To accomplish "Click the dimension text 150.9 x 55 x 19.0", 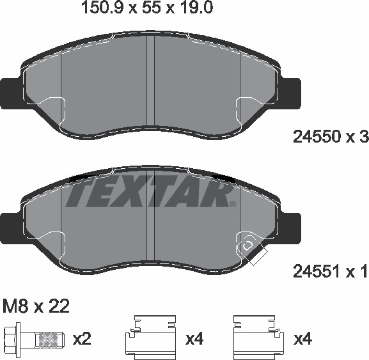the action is coord(147,8).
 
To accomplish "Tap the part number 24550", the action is coord(317,137).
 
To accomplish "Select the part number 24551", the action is coord(317,271).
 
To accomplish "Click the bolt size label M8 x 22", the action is coord(36,306).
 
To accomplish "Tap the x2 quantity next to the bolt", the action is coord(82,339).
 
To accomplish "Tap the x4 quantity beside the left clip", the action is coord(194,339).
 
